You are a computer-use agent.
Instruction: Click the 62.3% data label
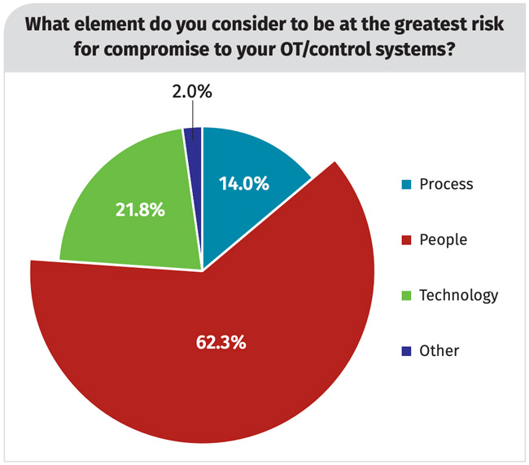(221, 341)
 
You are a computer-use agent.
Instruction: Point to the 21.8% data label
(139, 210)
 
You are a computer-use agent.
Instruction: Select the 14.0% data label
(243, 184)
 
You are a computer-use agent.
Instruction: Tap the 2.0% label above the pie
(192, 92)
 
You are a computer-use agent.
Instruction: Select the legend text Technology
(458, 295)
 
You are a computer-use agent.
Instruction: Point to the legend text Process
(446, 183)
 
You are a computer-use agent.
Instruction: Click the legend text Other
(439, 351)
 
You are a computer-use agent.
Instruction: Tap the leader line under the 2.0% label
(193, 114)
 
